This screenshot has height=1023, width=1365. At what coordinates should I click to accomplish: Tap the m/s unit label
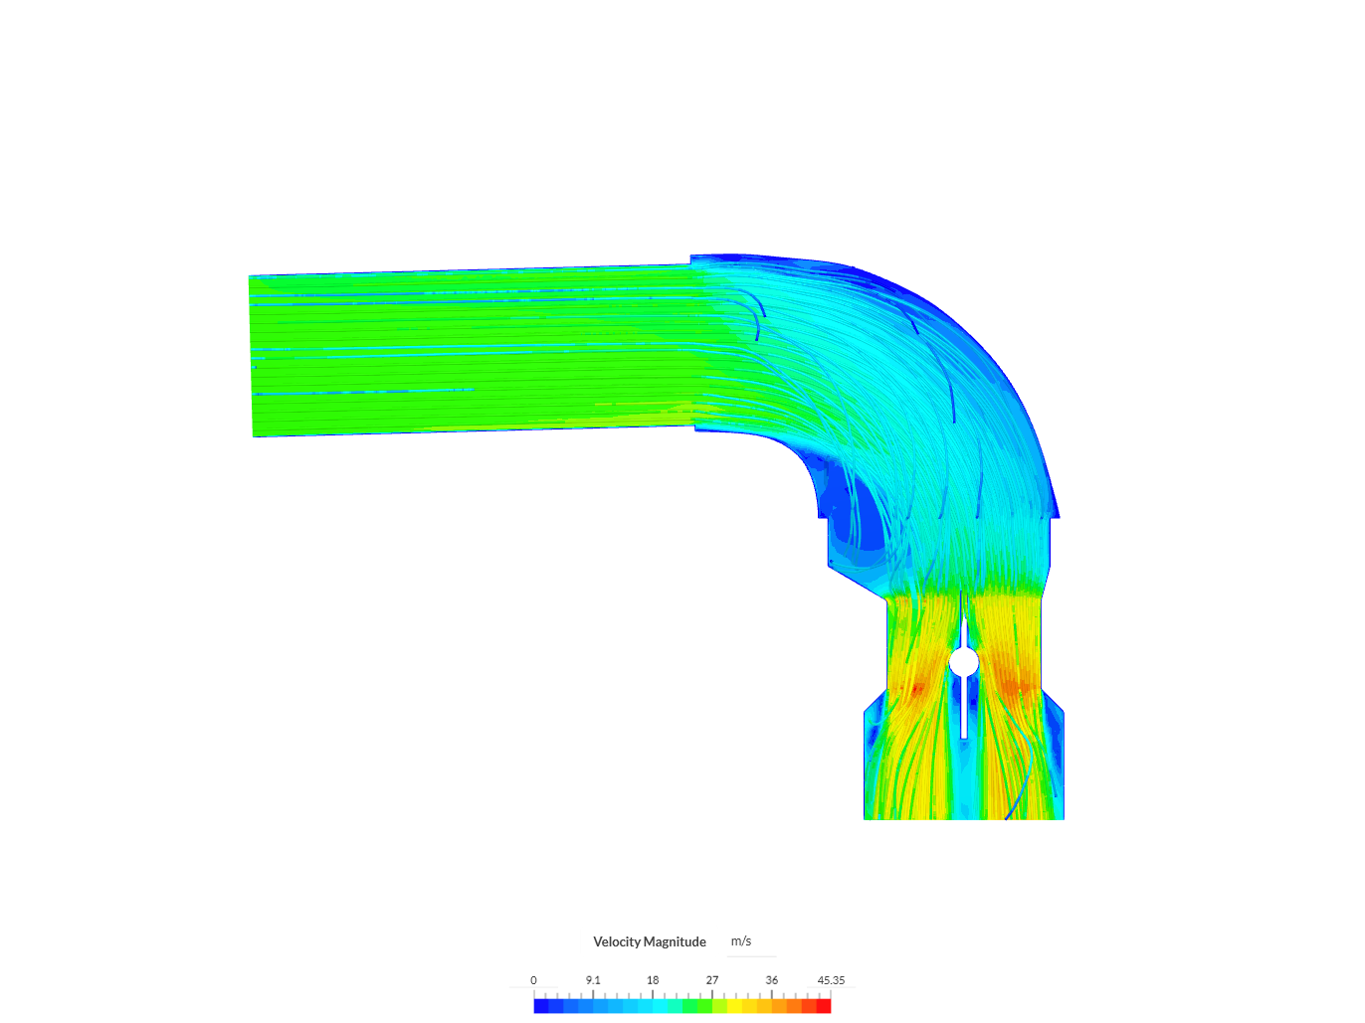(740, 941)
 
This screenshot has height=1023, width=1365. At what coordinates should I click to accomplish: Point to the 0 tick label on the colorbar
(533, 980)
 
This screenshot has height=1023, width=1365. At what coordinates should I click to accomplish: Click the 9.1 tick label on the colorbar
(593, 980)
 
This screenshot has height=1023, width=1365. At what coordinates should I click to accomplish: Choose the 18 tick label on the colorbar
(653, 980)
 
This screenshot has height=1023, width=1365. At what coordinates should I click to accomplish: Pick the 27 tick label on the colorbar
(712, 980)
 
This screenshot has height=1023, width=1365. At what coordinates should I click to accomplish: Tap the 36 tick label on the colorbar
(772, 980)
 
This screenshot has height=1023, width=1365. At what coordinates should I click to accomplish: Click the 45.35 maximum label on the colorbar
(831, 980)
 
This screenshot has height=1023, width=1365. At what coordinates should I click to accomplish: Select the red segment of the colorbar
(824, 1006)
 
